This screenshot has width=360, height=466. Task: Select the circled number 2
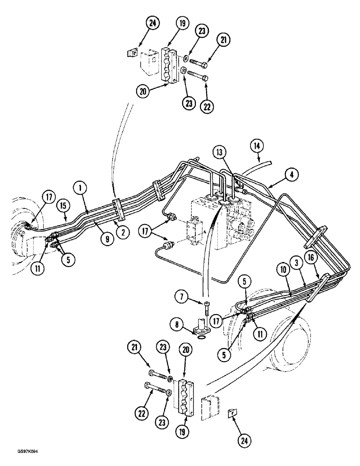123,232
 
